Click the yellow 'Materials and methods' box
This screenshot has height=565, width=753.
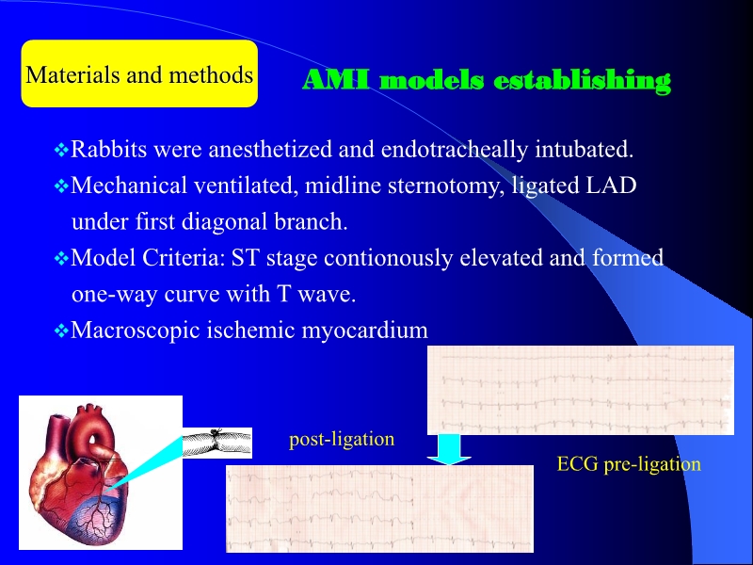[x=139, y=74]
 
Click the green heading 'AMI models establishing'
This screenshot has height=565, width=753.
[x=486, y=81]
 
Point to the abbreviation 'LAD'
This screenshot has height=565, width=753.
[x=611, y=186]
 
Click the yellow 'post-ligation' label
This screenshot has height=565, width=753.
[x=342, y=439]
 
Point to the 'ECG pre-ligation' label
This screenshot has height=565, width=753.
[x=629, y=463]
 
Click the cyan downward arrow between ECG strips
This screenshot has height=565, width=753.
[x=449, y=449]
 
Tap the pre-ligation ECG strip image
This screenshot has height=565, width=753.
[x=580, y=390]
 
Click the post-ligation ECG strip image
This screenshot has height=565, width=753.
[x=379, y=508]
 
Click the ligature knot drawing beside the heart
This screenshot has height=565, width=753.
[x=216, y=442]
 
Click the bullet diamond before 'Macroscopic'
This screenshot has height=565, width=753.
[x=62, y=331]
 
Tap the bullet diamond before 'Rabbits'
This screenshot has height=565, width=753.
[x=62, y=150]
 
